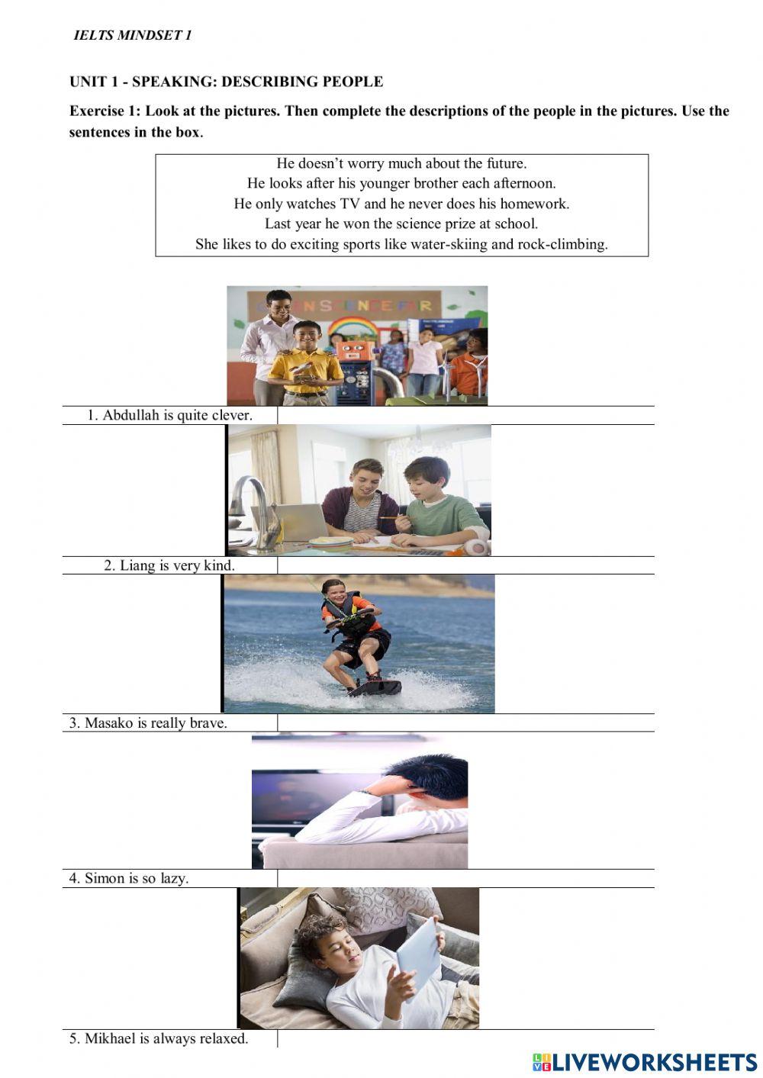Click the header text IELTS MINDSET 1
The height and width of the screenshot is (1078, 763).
tap(132, 36)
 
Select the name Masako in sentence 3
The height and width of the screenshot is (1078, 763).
tap(108, 722)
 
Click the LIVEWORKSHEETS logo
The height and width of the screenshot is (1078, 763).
tap(644, 1061)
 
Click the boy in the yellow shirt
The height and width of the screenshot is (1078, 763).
tap(307, 359)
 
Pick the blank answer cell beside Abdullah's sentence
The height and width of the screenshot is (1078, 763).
tap(465, 415)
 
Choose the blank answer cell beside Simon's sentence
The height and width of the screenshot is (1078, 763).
tap(465, 878)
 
